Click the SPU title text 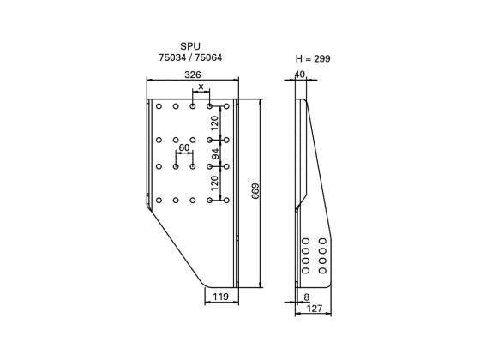192,45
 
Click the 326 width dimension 193,75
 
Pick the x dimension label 201,87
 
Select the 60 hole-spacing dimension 183,148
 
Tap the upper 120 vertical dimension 215,123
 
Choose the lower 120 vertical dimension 215,182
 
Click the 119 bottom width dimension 219,297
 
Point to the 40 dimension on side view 299,75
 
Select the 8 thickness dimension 306,297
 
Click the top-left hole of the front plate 159,107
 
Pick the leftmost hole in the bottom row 159,201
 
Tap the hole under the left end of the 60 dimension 176,165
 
